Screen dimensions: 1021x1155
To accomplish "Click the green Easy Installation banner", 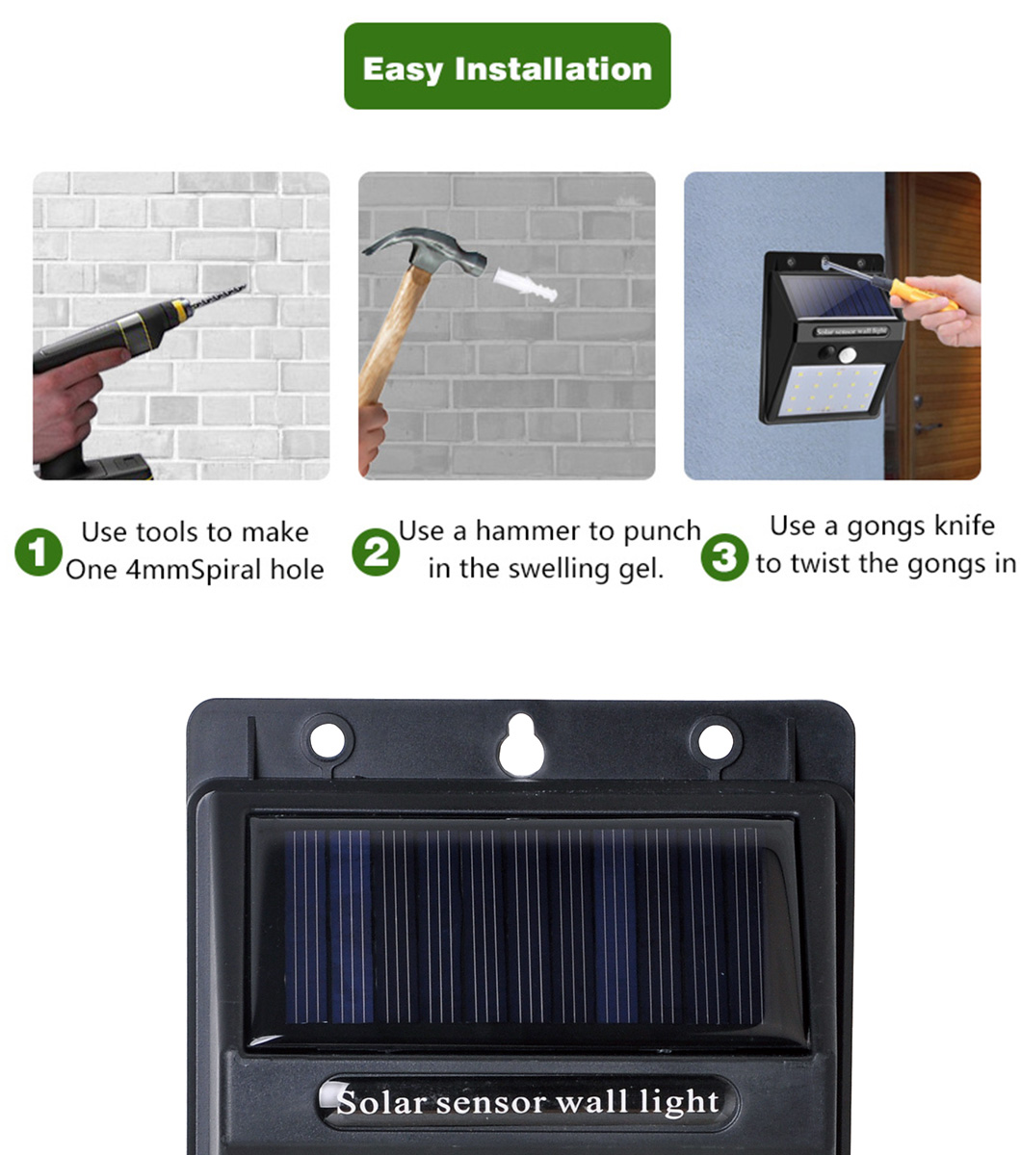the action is click(507, 66).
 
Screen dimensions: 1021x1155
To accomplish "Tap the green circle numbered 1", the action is click(39, 552).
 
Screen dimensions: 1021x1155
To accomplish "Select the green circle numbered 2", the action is click(376, 552).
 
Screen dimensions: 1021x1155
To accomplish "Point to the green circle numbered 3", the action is click(724, 557).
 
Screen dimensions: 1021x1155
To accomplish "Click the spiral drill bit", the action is click(217, 296).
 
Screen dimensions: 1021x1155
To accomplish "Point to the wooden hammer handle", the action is click(394, 336).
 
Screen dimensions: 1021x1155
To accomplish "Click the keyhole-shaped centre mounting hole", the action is click(520, 745).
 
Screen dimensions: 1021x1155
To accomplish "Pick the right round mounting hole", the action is click(716, 741).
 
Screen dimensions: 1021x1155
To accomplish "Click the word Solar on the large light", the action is click(381, 1101).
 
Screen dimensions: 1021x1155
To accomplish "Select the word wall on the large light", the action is click(593, 1101).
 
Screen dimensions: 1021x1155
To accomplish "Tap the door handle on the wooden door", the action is click(928, 426).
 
